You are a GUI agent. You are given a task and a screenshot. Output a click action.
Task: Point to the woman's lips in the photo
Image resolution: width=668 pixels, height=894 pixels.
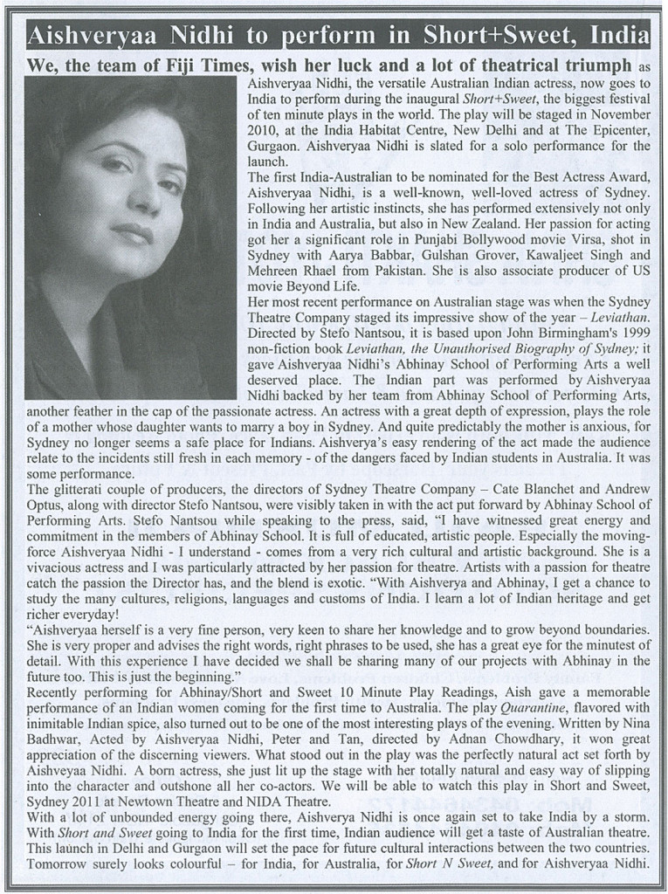(x=133, y=233)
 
